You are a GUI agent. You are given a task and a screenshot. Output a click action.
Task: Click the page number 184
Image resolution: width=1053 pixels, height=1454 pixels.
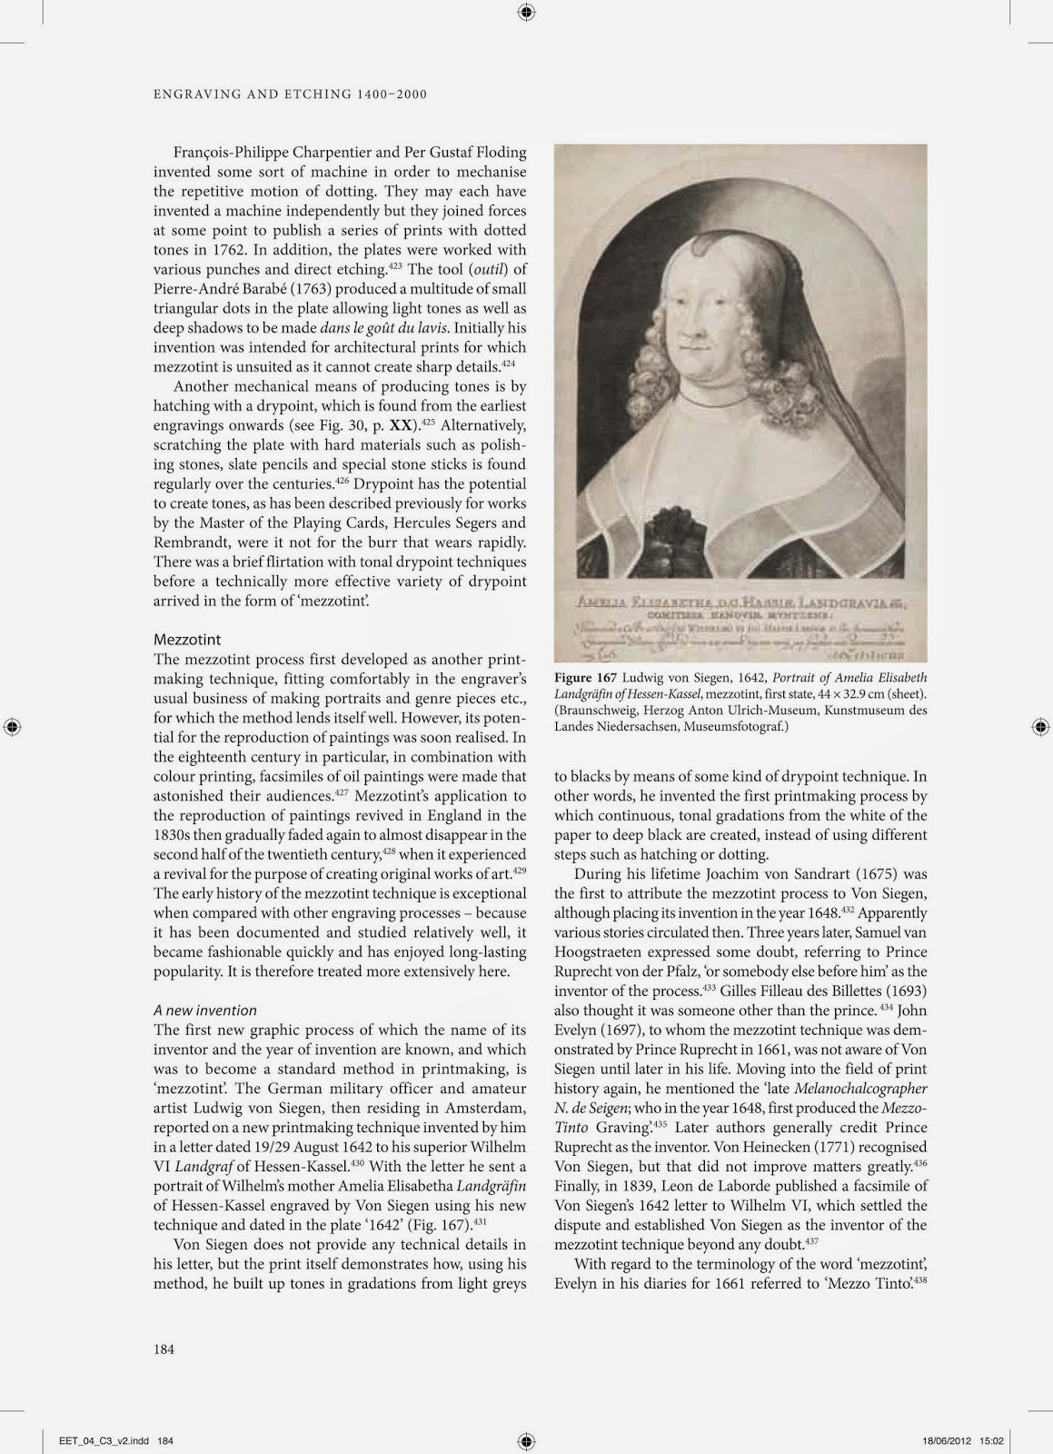point(164,1349)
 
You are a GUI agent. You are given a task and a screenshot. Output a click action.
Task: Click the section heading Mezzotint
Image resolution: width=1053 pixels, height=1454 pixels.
point(187,640)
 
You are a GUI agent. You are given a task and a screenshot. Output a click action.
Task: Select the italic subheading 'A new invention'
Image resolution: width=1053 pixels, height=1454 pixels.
point(205,1010)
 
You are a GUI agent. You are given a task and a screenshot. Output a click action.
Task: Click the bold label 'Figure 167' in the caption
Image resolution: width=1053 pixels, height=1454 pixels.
point(586,678)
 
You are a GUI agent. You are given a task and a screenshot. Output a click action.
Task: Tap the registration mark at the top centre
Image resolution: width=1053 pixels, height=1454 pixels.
point(526,12)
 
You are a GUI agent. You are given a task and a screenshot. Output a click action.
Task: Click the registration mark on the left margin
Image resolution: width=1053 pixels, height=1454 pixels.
point(12,726)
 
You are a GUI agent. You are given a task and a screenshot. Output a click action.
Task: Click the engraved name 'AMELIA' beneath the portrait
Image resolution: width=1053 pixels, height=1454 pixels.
point(605,603)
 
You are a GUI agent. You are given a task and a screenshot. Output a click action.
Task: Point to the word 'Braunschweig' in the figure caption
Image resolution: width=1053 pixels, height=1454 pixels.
point(597,710)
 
